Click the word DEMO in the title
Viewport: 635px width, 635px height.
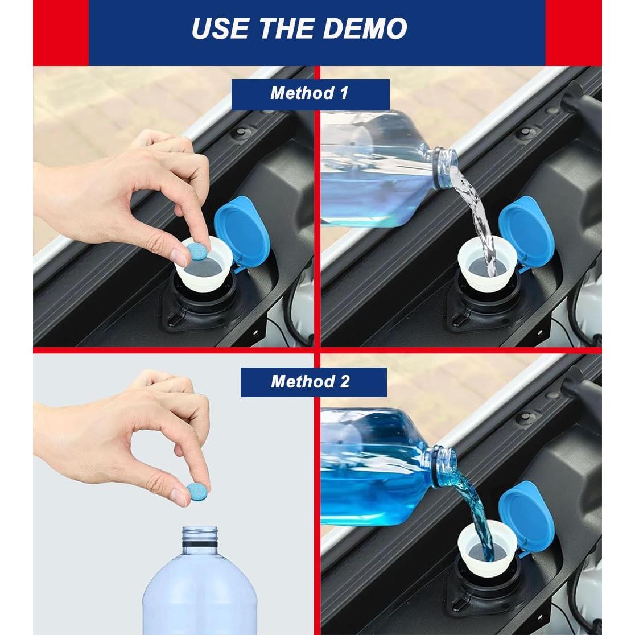(365, 28)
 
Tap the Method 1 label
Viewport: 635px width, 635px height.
(310, 93)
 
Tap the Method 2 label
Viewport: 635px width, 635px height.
(310, 381)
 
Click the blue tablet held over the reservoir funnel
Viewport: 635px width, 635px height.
(198, 251)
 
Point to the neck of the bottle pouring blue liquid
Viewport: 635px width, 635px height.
(442, 465)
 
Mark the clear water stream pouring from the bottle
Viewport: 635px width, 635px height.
(478, 218)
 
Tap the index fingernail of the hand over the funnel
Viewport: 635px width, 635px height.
(178, 257)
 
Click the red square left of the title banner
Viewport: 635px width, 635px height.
(61, 33)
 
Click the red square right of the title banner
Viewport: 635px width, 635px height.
(574, 33)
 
